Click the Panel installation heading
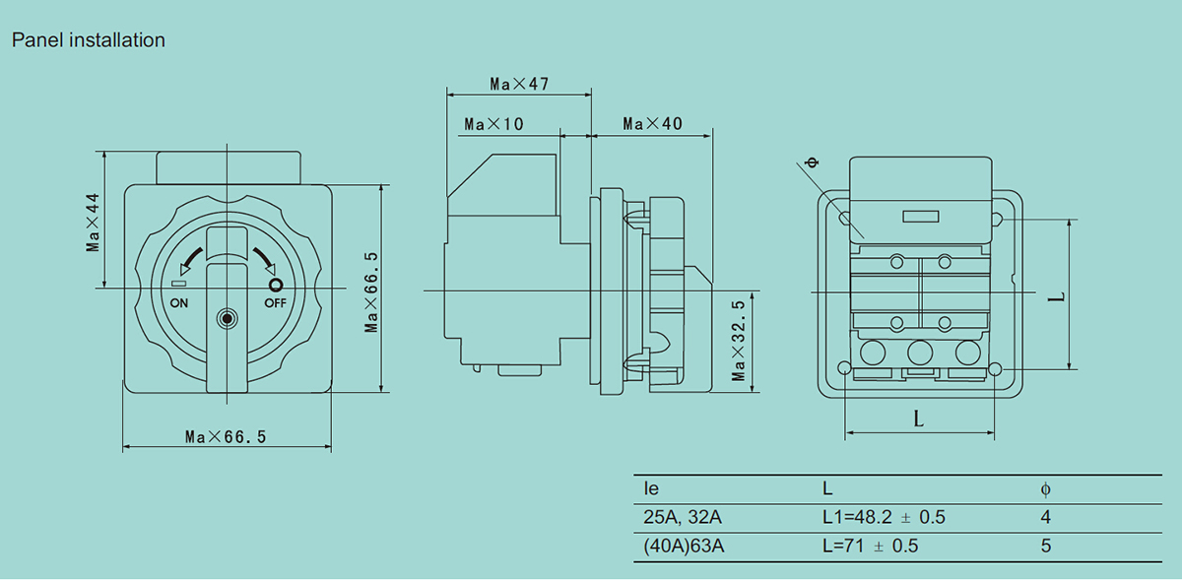point(88,40)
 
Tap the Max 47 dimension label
point(519,84)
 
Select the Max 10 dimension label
point(493,124)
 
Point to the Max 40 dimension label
point(652,124)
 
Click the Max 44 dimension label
point(93,223)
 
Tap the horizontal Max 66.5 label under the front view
point(226,436)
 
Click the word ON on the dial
point(179,303)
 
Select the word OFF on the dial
point(275,303)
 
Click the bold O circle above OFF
point(276,286)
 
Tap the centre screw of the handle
point(227,318)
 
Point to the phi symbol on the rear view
point(814,162)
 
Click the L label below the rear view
point(919,419)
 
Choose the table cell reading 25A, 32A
point(683,517)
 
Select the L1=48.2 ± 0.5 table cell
point(884,517)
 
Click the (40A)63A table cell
point(684,546)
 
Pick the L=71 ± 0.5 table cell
point(870,546)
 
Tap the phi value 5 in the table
point(1046,546)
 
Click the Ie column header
point(651,488)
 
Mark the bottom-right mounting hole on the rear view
point(995,369)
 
